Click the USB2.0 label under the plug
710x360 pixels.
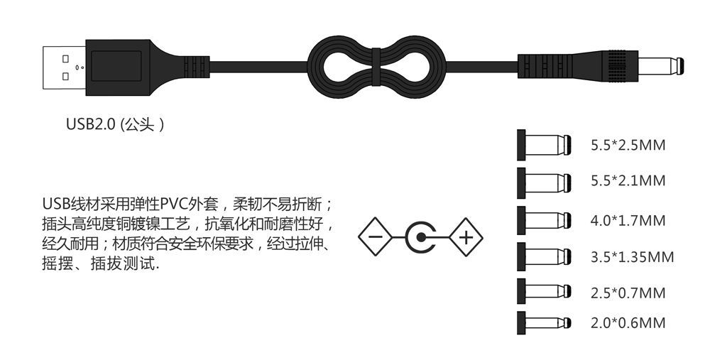(x=114, y=124)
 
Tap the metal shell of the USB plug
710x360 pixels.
(x=65, y=67)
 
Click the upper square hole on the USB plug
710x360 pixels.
(x=65, y=58)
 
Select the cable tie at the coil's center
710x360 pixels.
(x=376, y=67)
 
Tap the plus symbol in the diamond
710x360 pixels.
(x=466, y=237)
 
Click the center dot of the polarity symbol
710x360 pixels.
(x=421, y=237)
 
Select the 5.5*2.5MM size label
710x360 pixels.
(x=628, y=146)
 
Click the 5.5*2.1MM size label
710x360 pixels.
(x=628, y=180)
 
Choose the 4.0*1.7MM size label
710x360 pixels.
(x=628, y=221)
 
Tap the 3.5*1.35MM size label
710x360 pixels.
(x=632, y=257)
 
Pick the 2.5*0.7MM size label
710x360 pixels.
(x=628, y=293)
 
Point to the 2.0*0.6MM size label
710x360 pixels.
(x=628, y=323)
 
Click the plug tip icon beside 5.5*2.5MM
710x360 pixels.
(x=544, y=145)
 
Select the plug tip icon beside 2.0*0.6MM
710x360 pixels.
(x=544, y=323)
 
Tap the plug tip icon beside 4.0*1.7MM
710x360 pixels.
(x=544, y=221)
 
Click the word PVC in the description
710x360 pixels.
(x=175, y=204)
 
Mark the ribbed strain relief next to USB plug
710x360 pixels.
(x=197, y=67)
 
